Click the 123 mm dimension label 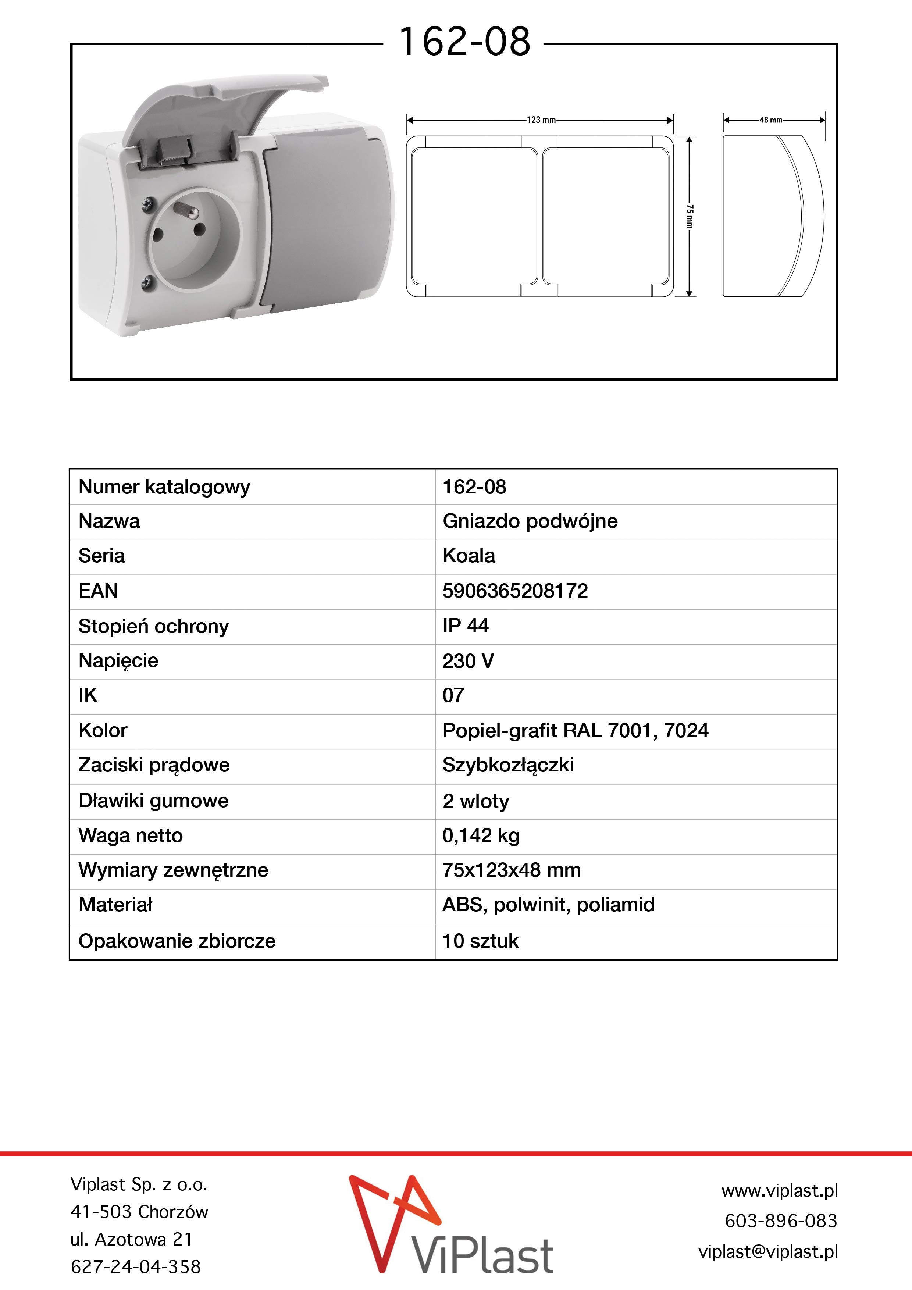(541, 120)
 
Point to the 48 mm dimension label (771, 120)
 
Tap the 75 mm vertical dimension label (690, 216)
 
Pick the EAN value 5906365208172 (515, 591)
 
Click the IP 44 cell (465, 626)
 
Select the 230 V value (467, 661)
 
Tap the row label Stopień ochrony (153, 626)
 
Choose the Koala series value (469, 556)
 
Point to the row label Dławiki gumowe (153, 801)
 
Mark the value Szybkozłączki (508, 765)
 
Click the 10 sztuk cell (480, 941)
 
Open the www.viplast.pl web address (779, 1191)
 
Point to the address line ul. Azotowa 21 (131, 1239)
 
